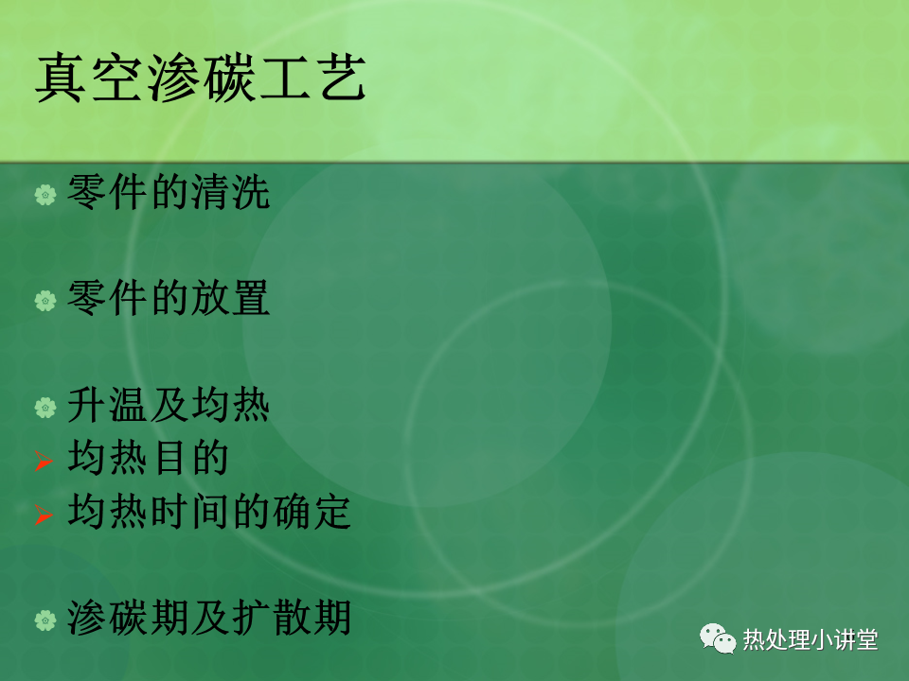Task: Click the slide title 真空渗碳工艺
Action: [201, 79]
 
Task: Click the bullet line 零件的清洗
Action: [169, 192]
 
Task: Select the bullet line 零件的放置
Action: [169, 298]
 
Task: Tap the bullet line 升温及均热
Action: [169, 405]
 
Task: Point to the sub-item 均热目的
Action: [149, 458]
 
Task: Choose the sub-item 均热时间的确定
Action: [209, 512]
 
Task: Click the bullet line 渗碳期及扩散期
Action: [209, 618]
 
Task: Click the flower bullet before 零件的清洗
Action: [45, 195]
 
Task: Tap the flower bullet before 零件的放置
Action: [45, 301]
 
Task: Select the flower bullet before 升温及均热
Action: [45, 408]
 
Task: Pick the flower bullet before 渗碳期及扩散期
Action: [45, 620]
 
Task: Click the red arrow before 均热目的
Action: [44, 461]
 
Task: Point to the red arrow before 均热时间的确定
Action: [44, 515]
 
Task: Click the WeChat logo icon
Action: [717, 638]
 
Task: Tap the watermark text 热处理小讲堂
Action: [811, 640]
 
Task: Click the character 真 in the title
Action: [61, 79]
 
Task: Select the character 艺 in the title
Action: [343, 79]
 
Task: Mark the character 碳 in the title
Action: [229, 79]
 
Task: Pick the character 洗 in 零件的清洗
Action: [250, 192]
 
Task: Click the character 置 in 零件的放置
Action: [250, 298]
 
